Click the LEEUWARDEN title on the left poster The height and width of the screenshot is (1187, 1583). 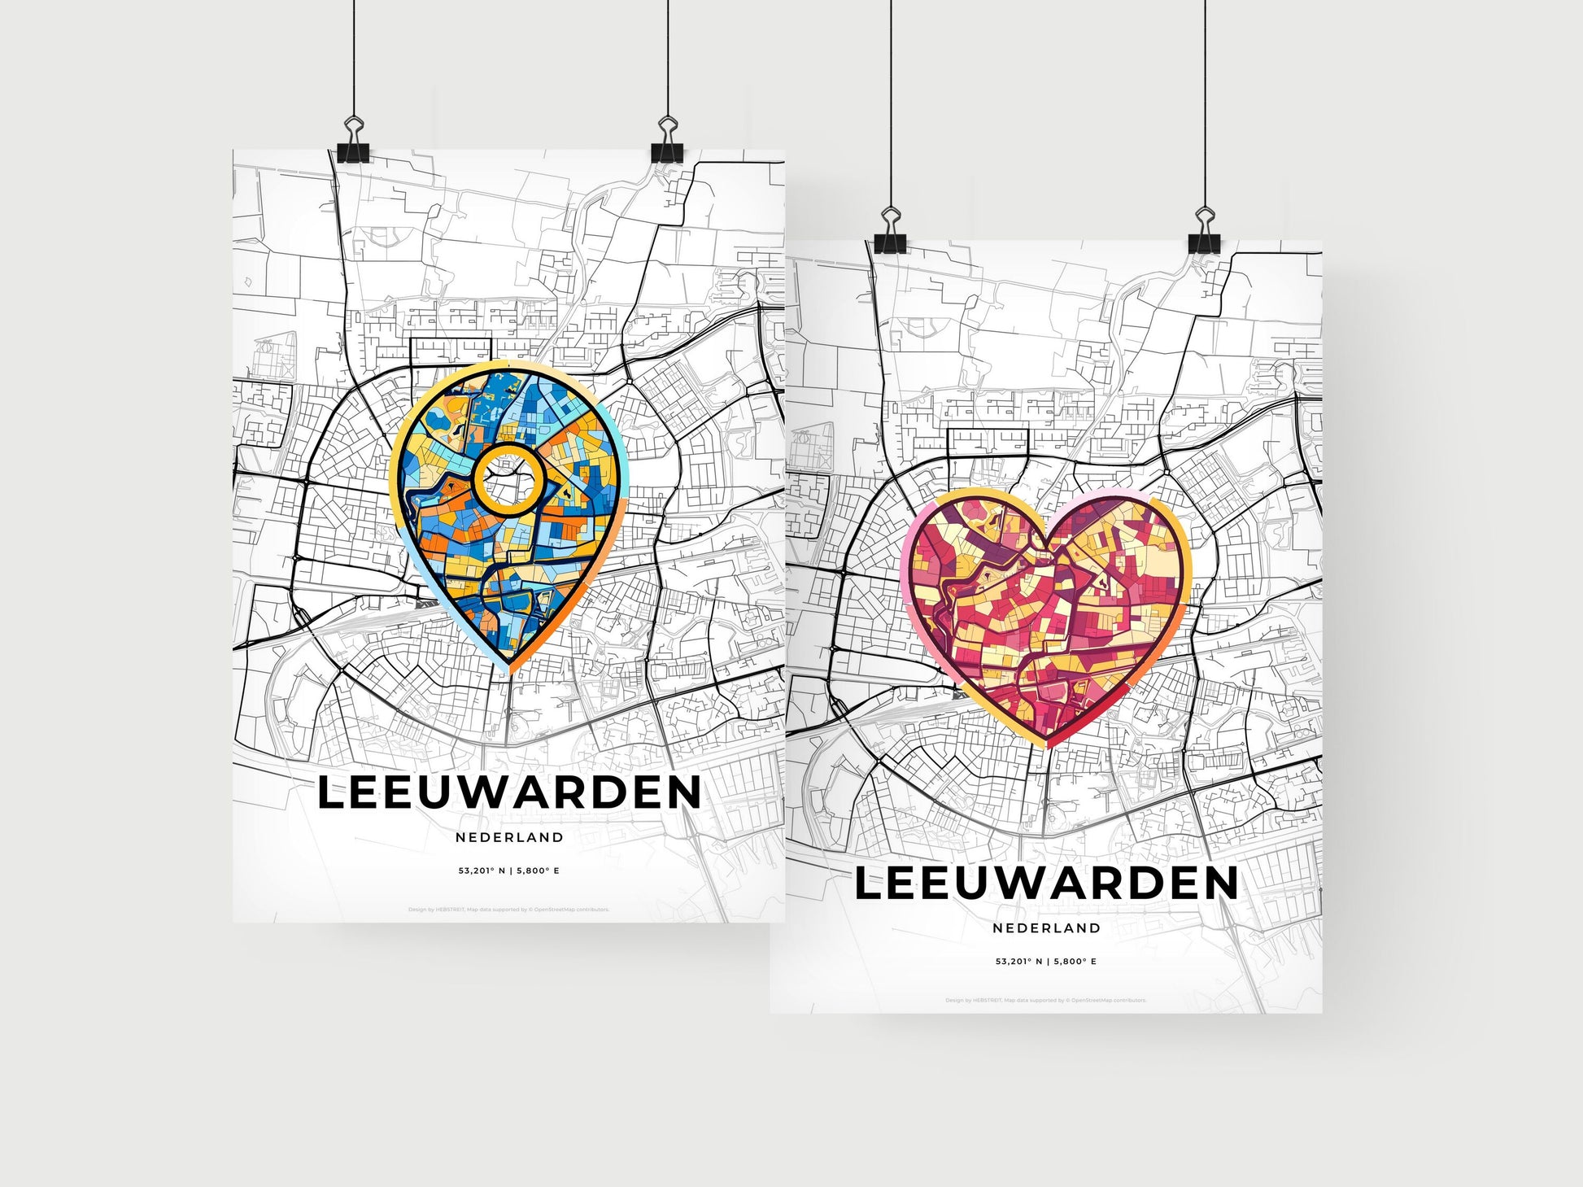(x=508, y=793)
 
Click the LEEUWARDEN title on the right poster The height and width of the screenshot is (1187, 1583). (x=1046, y=884)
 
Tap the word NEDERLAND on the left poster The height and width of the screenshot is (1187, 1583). (x=509, y=837)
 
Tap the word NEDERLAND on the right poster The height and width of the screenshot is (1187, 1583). (x=1046, y=927)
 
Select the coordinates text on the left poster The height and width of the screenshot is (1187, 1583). (x=509, y=871)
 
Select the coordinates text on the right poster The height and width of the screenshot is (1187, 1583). (x=1046, y=961)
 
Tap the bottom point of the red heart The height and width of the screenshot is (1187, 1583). (x=1047, y=744)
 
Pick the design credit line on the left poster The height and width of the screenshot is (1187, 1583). (x=509, y=910)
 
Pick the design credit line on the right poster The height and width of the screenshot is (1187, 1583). (x=1046, y=1000)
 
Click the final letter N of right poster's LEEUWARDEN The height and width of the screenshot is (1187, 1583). (x=1220, y=884)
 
